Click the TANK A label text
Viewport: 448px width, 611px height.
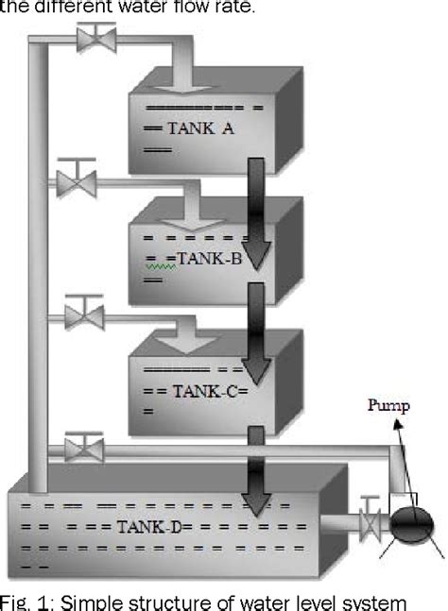pyautogui.click(x=199, y=129)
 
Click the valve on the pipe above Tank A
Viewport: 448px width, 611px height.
pyautogui.click(x=95, y=39)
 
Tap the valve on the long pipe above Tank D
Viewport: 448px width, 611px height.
pyautogui.click(x=85, y=444)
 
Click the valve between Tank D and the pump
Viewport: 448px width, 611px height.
pyautogui.click(x=372, y=519)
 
